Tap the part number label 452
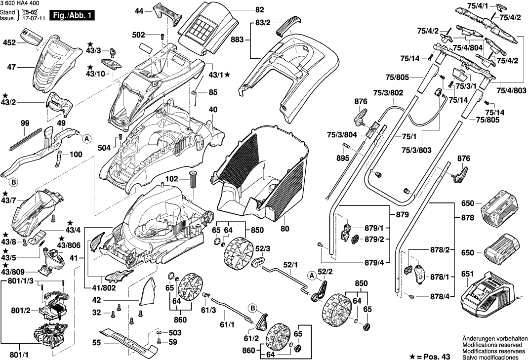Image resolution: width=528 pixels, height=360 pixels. click(8, 42)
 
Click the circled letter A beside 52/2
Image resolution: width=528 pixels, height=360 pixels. click(312, 275)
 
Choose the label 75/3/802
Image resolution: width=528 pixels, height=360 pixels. click(388, 93)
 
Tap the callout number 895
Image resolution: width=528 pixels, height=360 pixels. click(343, 158)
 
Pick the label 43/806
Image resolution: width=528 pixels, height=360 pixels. click(69, 245)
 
